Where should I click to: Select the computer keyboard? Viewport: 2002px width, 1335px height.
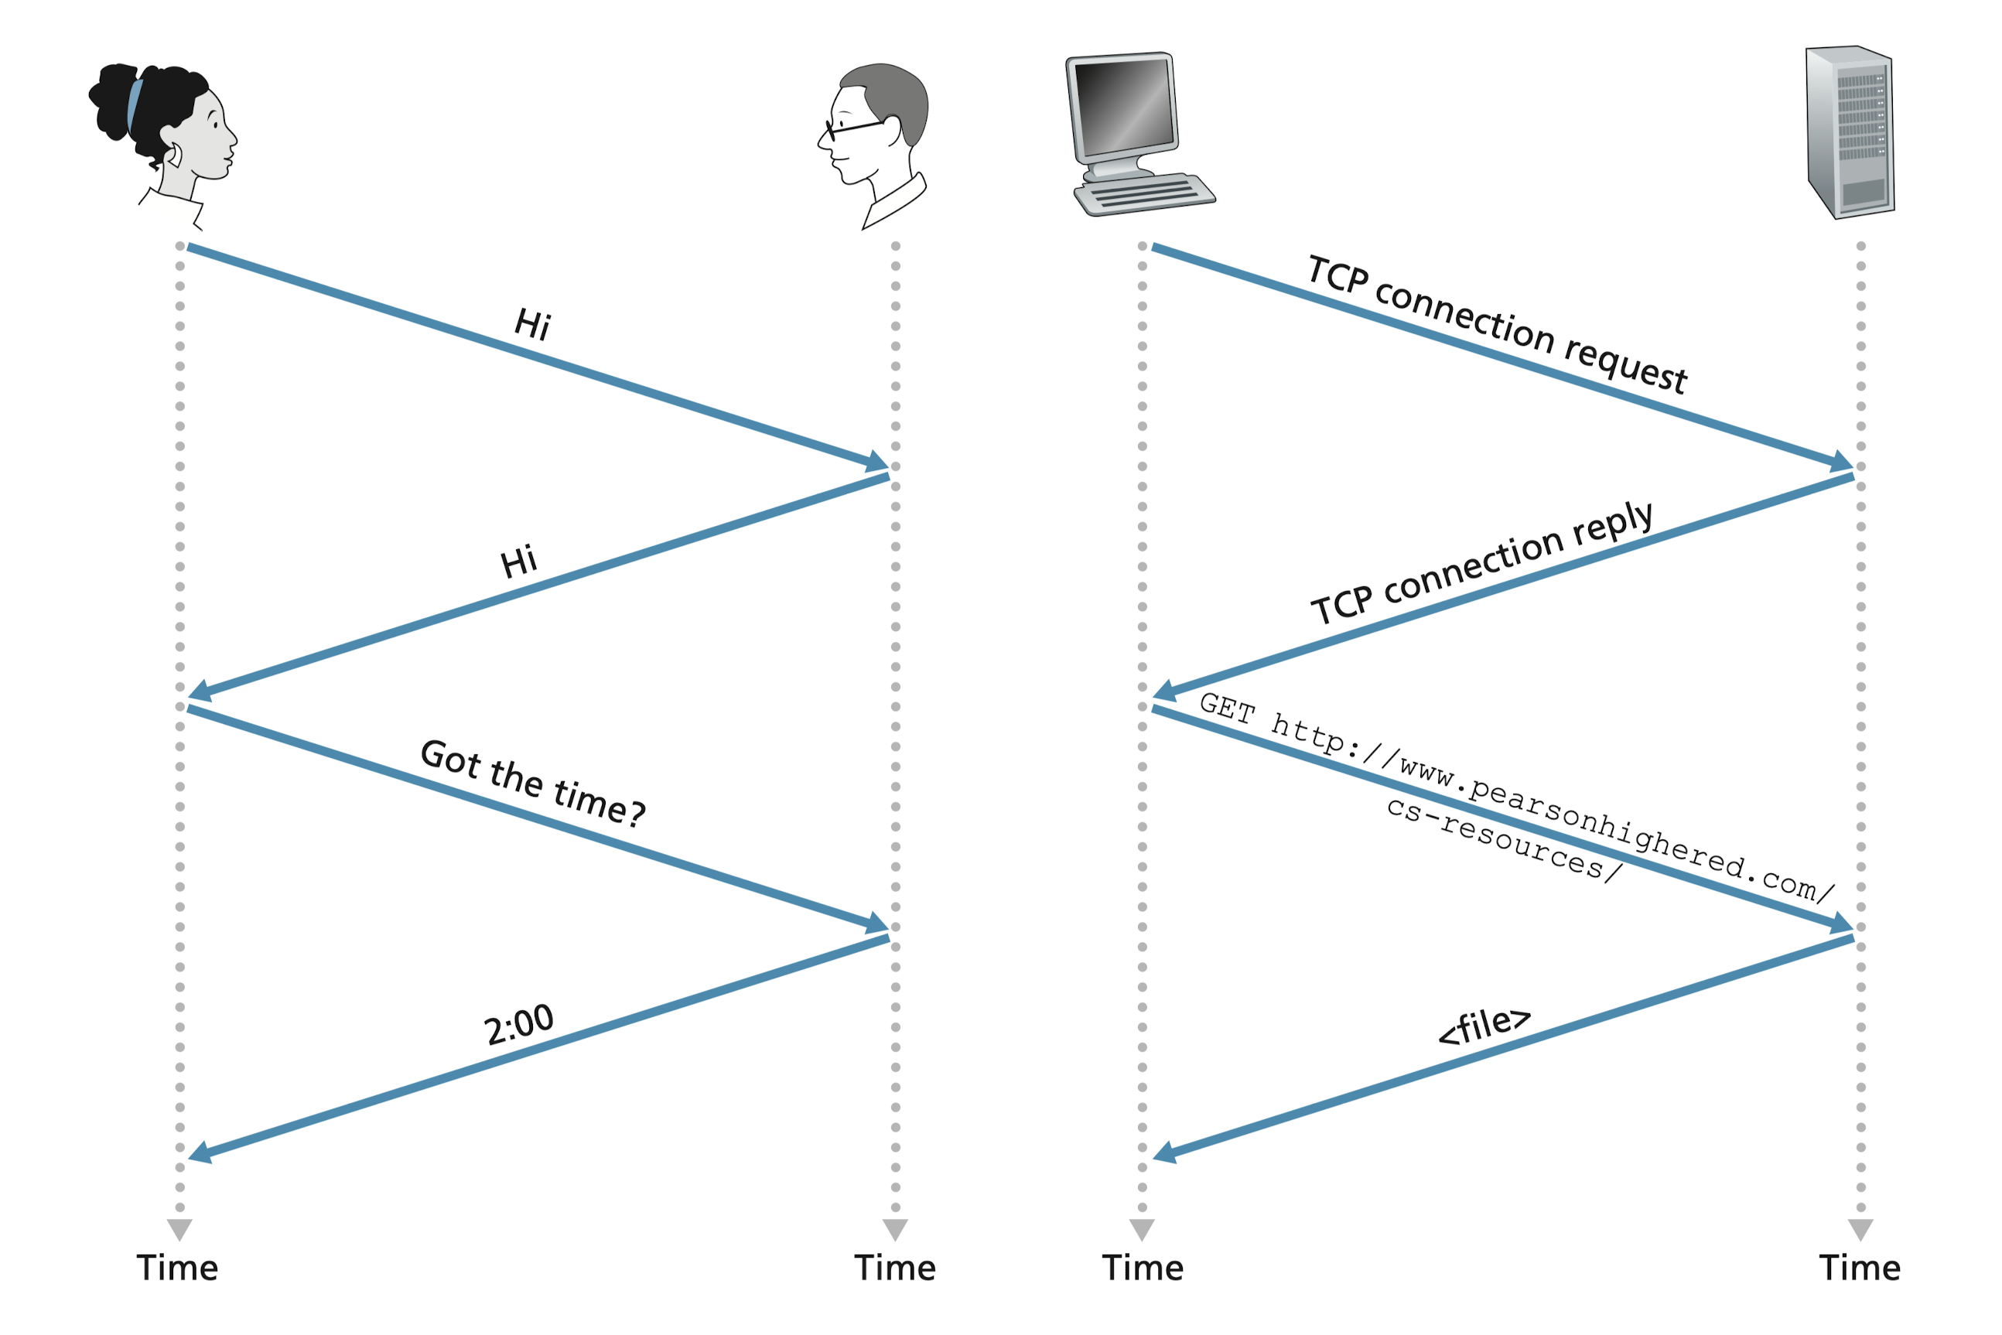tap(1146, 195)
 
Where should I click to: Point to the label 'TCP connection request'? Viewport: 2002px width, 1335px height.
tap(1496, 323)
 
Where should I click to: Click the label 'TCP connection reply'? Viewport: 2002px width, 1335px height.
tap(1481, 563)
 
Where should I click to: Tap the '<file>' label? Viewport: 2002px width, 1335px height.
tap(1484, 1025)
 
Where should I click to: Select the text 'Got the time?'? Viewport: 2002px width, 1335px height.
tap(533, 783)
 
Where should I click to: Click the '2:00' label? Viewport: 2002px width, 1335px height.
tap(518, 1024)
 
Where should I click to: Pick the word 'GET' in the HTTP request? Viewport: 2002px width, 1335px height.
tap(1227, 708)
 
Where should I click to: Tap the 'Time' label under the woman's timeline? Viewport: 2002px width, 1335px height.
tap(178, 1268)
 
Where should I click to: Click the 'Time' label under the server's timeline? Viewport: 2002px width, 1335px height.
tap(1860, 1268)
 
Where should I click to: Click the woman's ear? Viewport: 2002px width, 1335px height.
tap(176, 155)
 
